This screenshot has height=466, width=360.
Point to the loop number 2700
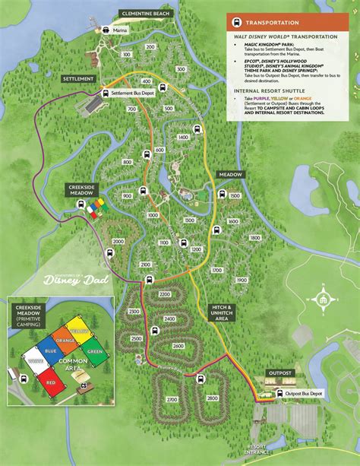coord(172,398)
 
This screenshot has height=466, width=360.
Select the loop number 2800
coord(212,398)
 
